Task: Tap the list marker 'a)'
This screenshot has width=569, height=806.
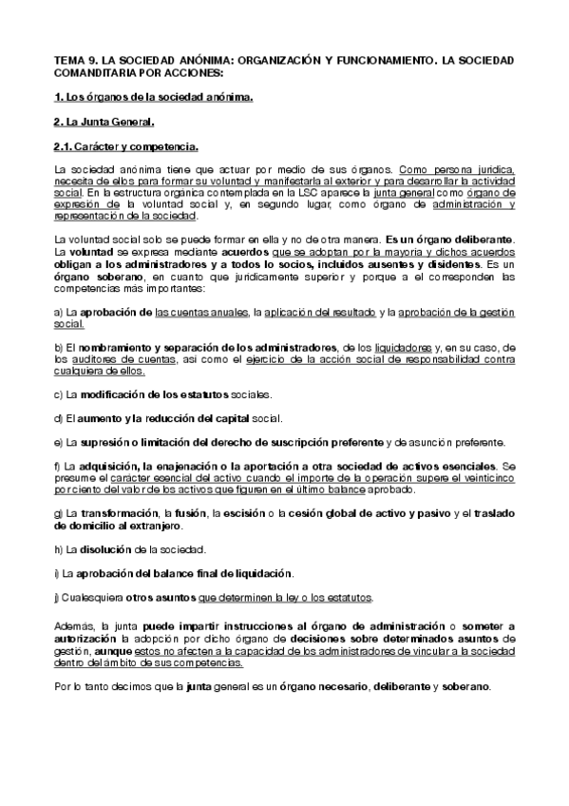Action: click(x=59, y=313)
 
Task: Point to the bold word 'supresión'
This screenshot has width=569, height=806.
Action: click(x=123, y=442)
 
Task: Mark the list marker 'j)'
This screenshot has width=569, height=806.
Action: click(x=58, y=597)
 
